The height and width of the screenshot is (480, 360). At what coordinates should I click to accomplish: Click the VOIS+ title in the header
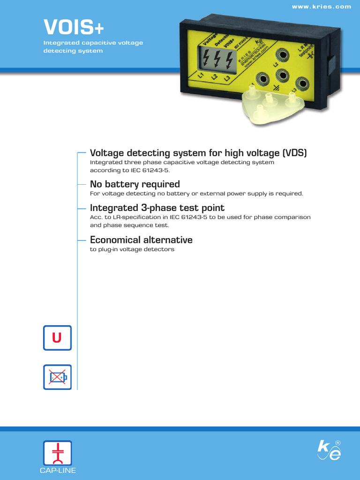74,27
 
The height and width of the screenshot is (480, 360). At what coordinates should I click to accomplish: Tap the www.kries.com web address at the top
321,7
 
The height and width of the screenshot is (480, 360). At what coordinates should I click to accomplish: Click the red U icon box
57,338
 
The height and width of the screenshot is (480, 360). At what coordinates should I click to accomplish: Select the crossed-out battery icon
57,377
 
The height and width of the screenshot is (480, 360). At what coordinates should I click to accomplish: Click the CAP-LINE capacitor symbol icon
57,453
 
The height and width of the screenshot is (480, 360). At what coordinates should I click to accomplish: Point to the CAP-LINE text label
57,471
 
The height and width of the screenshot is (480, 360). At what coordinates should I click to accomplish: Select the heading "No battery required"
135,184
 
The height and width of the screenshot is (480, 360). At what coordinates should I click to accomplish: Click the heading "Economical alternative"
141,240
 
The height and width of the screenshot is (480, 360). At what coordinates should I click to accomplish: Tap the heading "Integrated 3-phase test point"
157,208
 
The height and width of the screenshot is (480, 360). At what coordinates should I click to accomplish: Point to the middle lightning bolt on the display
217,60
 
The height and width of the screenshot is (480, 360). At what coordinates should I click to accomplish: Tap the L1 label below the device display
200,75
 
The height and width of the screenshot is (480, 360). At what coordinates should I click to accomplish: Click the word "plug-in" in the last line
107,249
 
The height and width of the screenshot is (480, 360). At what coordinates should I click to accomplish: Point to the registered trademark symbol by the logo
338,443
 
